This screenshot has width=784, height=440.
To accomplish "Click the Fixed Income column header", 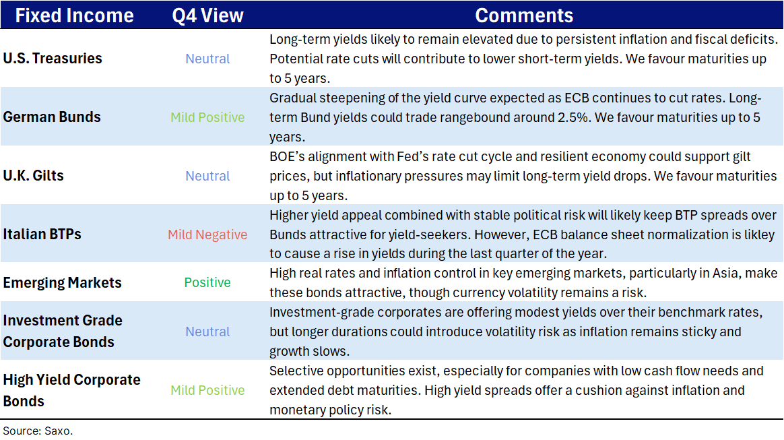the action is click(x=75, y=15).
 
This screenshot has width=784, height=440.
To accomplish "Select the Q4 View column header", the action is click(x=207, y=15).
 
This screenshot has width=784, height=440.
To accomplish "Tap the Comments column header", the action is click(x=524, y=15).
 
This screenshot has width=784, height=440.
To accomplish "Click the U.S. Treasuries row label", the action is click(x=53, y=59).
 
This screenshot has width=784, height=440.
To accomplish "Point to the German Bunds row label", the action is click(x=52, y=117).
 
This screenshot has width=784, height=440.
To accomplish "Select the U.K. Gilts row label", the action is click(x=34, y=175).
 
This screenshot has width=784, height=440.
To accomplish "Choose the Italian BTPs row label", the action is click(x=42, y=234).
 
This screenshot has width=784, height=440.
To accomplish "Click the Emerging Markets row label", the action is click(x=63, y=282).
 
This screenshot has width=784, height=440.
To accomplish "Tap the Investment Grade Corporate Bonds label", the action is click(x=63, y=331).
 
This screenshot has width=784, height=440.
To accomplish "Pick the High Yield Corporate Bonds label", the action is click(x=71, y=390).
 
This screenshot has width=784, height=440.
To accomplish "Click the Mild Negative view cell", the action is click(x=207, y=234).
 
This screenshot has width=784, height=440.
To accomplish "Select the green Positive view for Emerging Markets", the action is click(x=207, y=282).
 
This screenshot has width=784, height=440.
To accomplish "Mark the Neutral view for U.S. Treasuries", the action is click(x=207, y=59).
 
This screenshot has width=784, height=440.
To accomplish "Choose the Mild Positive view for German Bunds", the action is click(x=207, y=117).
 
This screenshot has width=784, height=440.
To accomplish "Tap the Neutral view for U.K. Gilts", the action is click(x=207, y=176).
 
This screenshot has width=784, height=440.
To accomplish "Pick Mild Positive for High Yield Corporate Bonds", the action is click(x=207, y=391).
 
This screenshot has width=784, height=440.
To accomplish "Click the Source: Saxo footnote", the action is click(x=38, y=431).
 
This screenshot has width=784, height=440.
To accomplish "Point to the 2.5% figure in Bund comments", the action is click(x=573, y=117).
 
